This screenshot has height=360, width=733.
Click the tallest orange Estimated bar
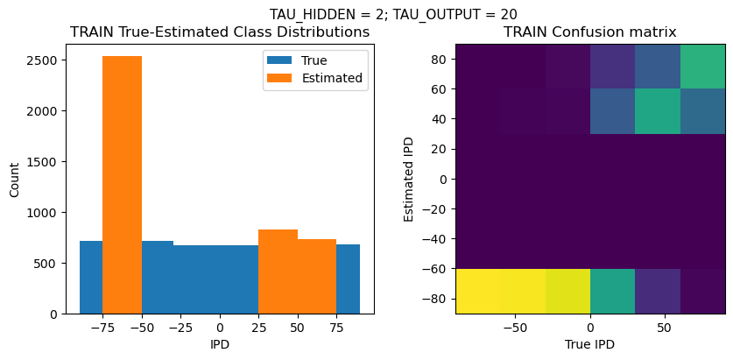click(122, 184)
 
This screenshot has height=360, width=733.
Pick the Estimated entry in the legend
click(332, 78)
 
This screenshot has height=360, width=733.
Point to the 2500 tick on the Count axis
click(43, 60)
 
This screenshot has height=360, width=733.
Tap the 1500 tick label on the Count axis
click(43, 162)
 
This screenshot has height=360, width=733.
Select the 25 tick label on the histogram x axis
click(258, 328)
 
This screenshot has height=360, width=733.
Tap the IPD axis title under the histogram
click(220, 345)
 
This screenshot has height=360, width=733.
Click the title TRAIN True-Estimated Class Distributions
click(220, 32)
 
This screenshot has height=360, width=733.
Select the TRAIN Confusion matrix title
click(590, 32)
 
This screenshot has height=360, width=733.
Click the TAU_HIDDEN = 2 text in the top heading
click(320, 14)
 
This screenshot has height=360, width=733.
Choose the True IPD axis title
click(590, 345)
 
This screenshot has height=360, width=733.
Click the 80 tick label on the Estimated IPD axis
click(439, 60)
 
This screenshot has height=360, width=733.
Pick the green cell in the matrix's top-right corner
click(702, 66)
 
